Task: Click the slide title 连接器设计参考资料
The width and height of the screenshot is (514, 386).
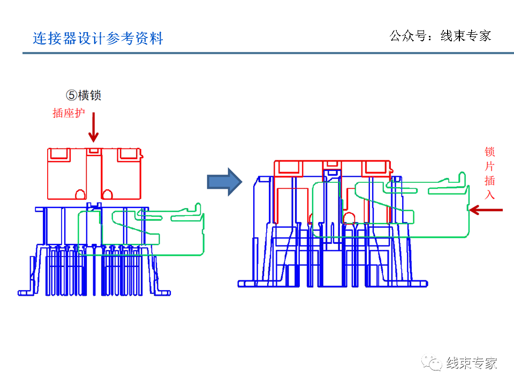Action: point(97,39)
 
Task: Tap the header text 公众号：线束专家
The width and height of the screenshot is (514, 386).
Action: point(440,36)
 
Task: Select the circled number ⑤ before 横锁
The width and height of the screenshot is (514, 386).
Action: point(72,95)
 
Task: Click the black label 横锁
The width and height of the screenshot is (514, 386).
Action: point(90,95)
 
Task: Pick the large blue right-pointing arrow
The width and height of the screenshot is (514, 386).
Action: point(225,181)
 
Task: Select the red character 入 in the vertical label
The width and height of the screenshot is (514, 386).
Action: point(489,194)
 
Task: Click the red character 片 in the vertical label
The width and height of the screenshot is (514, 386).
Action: point(489,166)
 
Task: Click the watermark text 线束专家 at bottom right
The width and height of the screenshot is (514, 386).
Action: point(472,363)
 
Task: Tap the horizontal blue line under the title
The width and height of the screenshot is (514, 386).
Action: point(268,53)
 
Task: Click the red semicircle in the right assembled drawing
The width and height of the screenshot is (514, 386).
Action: point(349,218)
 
